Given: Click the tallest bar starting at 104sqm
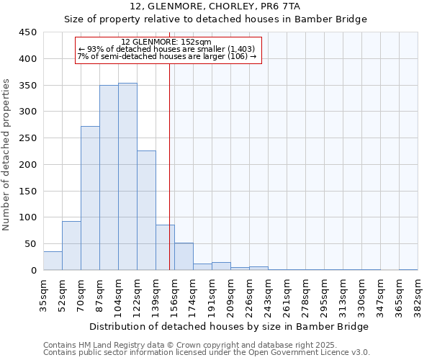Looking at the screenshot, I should point(127,176).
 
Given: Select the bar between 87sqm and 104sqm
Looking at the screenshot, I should point(109,178).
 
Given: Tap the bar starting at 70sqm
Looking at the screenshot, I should point(90,198).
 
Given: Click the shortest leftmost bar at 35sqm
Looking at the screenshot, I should point(53,261).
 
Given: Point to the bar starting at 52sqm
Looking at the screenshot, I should point(71,246).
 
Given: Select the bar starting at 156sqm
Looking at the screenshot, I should point(184,256).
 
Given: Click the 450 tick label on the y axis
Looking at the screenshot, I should point(28,32).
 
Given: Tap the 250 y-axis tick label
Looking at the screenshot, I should point(28,138).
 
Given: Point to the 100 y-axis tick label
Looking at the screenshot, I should point(28,217).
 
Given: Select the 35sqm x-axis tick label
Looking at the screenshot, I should point(44,293).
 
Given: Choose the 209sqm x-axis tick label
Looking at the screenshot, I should point(231,293).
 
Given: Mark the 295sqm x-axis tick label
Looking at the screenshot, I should point(325,293).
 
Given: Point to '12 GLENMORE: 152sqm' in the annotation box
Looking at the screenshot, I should point(166,42).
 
